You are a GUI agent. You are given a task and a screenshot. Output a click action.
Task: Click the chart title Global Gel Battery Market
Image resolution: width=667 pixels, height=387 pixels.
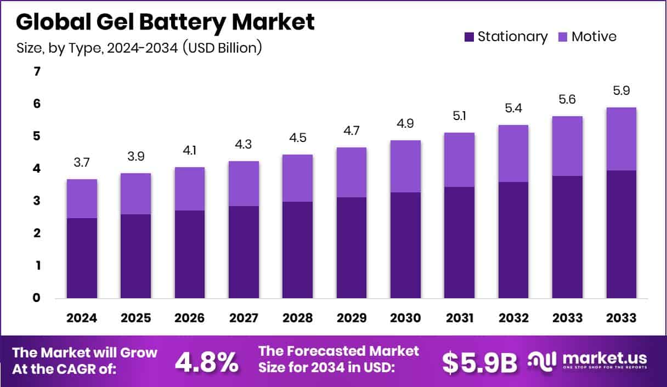point(165,22)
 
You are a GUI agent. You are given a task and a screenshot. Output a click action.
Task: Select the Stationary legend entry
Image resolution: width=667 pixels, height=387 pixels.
point(505,37)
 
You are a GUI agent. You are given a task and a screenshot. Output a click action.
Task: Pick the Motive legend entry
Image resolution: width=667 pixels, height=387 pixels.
point(587,37)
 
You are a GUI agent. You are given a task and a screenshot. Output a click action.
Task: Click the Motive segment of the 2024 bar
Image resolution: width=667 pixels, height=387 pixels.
point(82,198)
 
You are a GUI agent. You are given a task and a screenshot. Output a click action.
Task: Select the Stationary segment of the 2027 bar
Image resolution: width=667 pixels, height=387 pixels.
point(244,252)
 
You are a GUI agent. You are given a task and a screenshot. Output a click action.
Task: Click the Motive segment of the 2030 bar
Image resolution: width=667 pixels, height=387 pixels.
point(405,166)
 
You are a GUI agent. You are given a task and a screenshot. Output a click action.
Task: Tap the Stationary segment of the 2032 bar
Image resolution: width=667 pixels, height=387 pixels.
point(513,240)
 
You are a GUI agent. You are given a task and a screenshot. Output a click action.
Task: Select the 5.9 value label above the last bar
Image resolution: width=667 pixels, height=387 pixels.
point(621,90)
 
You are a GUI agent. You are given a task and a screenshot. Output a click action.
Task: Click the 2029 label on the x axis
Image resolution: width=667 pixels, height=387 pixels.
point(351,318)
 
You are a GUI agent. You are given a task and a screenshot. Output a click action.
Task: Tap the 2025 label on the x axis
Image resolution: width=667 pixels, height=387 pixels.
point(135,318)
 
